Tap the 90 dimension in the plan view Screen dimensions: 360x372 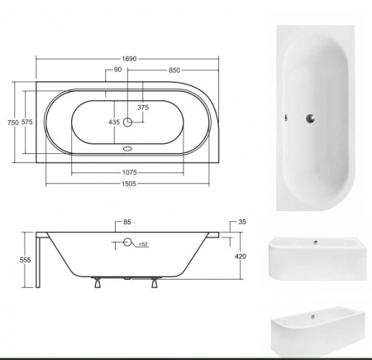(118, 70)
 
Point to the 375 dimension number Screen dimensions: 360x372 (143, 107)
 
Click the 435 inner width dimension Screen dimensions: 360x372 (113, 122)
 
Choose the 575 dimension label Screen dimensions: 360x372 (28, 122)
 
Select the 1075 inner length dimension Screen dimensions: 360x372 (126, 172)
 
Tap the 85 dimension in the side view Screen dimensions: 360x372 (126, 221)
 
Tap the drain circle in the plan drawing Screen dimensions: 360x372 (127, 122)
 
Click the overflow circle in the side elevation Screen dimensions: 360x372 (127, 242)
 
